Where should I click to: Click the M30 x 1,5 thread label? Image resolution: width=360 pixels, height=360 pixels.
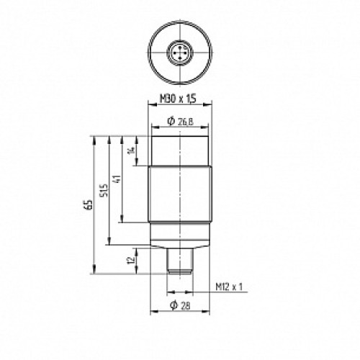coord(178,99)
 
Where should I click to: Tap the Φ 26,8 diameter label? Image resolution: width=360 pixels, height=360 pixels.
coord(180,122)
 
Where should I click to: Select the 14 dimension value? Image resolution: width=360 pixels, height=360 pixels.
coord(131,150)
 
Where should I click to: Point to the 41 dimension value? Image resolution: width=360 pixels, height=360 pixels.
coord(117,179)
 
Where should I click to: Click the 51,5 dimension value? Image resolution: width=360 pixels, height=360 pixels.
coord(104,190)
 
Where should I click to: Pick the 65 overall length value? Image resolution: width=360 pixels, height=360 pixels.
coord(89,204)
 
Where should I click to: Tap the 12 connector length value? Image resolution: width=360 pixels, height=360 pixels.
coord(130,261)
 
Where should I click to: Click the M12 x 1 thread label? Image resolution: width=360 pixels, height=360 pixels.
coord(229,287)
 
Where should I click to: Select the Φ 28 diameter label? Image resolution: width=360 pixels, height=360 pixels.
coord(180,305)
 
